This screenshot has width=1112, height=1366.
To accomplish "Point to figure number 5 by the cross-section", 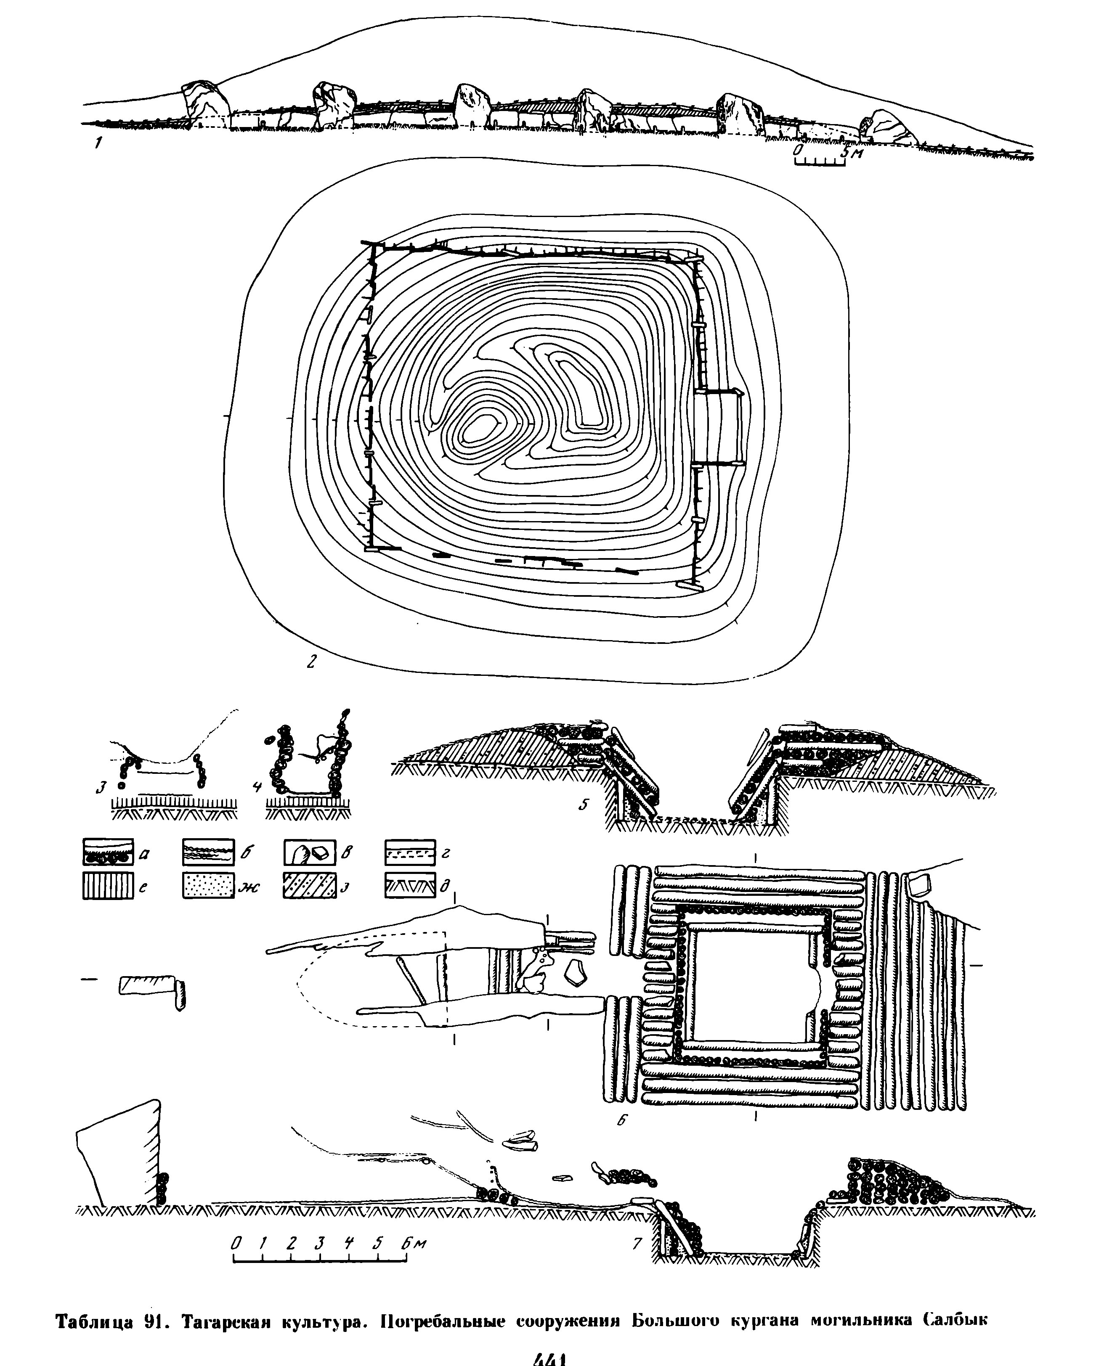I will (584, 805).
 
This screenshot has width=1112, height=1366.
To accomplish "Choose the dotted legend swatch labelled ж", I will (207, 886).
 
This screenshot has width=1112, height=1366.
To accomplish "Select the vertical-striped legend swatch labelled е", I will (108, 886).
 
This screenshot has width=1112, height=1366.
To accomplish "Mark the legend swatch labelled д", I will (410, 886).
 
